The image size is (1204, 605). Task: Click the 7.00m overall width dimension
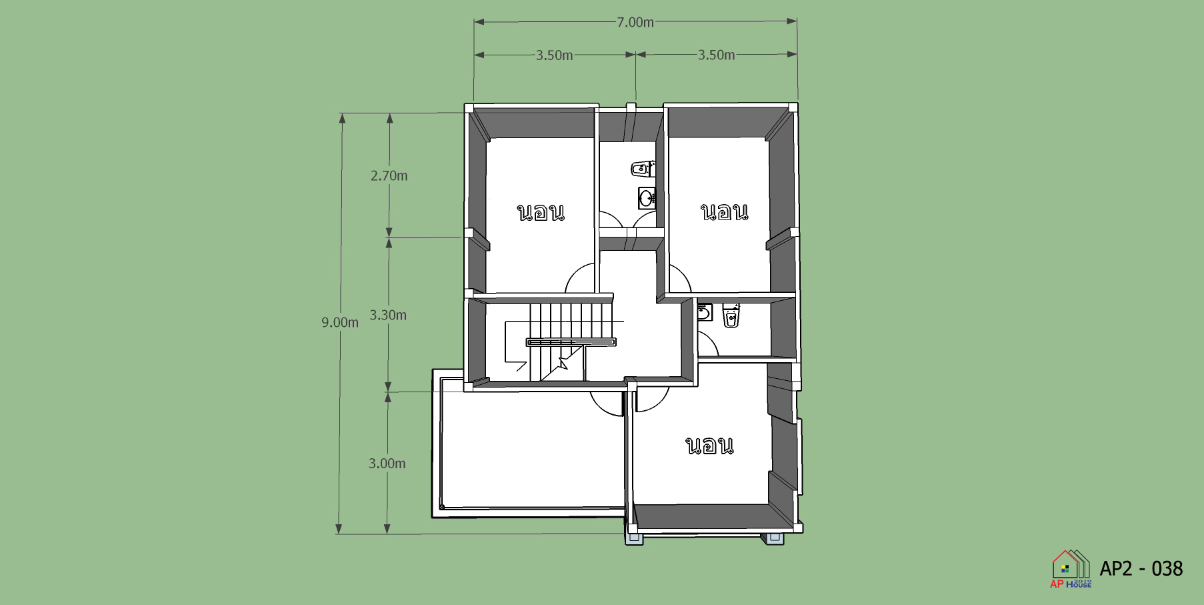point(635,22)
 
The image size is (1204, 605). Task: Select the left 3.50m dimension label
point(555,55)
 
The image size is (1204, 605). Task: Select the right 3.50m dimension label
point(717,55)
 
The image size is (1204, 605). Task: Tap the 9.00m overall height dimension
point(340,323)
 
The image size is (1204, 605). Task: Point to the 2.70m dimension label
point(389,176)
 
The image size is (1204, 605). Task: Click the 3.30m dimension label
point(388,316)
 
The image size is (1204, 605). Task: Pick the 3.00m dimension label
point(387,464)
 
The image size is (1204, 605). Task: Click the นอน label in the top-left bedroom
point(541,212)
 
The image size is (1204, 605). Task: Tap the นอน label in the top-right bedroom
point(725,212)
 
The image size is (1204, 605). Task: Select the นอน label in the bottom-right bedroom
point(710,446)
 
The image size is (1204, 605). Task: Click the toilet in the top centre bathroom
point(643,169)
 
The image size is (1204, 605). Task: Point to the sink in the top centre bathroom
point(647,198)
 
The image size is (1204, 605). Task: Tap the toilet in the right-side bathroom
point(731,316)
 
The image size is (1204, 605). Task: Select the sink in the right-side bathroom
point(705,312)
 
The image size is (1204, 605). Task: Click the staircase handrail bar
point(571,342)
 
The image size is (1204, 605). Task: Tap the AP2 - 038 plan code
point(1141,569)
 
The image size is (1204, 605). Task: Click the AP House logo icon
point(1071,569)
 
